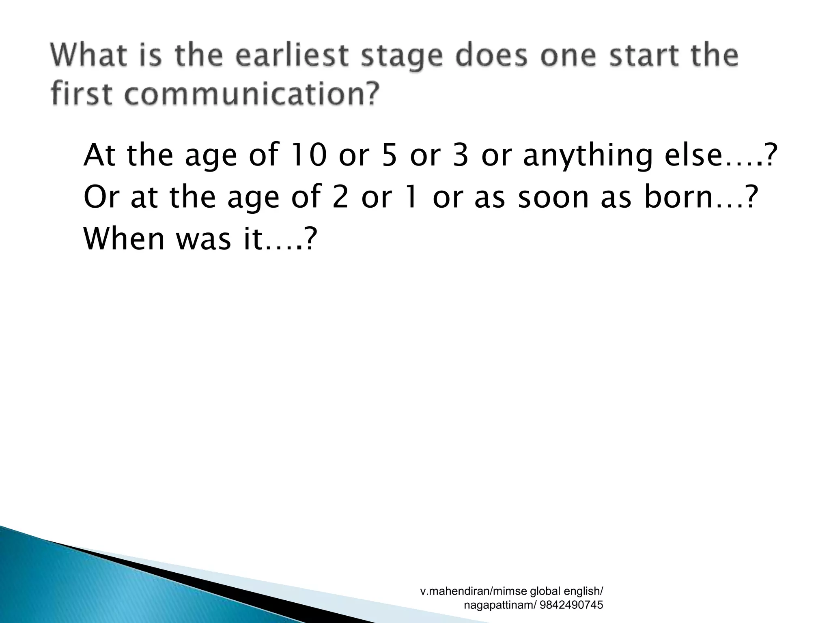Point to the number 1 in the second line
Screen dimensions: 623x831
click(411, 197)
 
